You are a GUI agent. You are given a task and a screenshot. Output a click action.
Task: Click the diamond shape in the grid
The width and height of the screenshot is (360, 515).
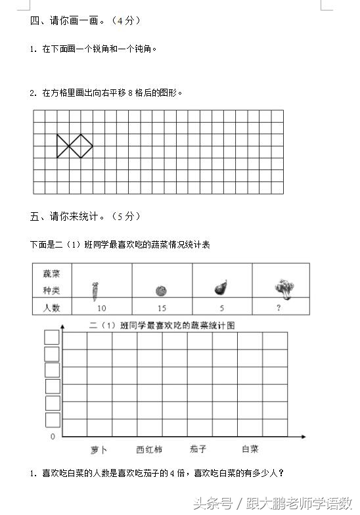point(81,146)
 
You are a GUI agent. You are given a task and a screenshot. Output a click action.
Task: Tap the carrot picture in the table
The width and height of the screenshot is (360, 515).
point(95,288)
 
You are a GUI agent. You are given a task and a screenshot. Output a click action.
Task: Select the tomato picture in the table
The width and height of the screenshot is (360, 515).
point(161,290)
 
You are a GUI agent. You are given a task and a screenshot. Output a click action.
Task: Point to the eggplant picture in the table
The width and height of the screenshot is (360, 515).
point(221,288)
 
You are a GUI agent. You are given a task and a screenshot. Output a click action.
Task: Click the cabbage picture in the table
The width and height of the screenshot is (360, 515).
point(283,287)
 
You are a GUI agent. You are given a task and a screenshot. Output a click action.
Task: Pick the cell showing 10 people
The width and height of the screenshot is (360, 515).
point(101,307)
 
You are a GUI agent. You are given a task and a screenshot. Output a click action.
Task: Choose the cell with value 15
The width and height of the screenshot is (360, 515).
point(162,307)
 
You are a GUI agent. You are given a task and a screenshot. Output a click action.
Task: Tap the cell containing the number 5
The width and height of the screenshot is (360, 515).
point(221,307)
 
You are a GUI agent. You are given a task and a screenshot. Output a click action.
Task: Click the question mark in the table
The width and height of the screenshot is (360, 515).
point(279,307)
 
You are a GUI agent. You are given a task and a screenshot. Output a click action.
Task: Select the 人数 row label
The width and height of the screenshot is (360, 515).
point(52,307)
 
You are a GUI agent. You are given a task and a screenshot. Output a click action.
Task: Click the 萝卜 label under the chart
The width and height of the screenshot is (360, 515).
point(99,450)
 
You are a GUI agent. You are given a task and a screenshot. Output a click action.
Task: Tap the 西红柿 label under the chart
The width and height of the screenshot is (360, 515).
point(149,450)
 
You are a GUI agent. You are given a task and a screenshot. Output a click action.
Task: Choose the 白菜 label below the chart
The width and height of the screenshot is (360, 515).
point(250,450)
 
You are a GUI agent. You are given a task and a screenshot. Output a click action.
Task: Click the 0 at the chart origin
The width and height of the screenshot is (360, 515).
point(53,436)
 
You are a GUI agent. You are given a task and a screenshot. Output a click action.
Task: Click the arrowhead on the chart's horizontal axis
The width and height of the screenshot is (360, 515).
point(303,436)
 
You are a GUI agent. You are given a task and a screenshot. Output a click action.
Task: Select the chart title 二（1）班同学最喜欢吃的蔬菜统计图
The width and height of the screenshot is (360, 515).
point(162,325)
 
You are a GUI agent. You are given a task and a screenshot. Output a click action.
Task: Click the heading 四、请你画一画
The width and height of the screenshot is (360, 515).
point(85,20)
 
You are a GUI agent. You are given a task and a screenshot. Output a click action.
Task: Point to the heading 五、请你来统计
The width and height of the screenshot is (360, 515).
point(85,216)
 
